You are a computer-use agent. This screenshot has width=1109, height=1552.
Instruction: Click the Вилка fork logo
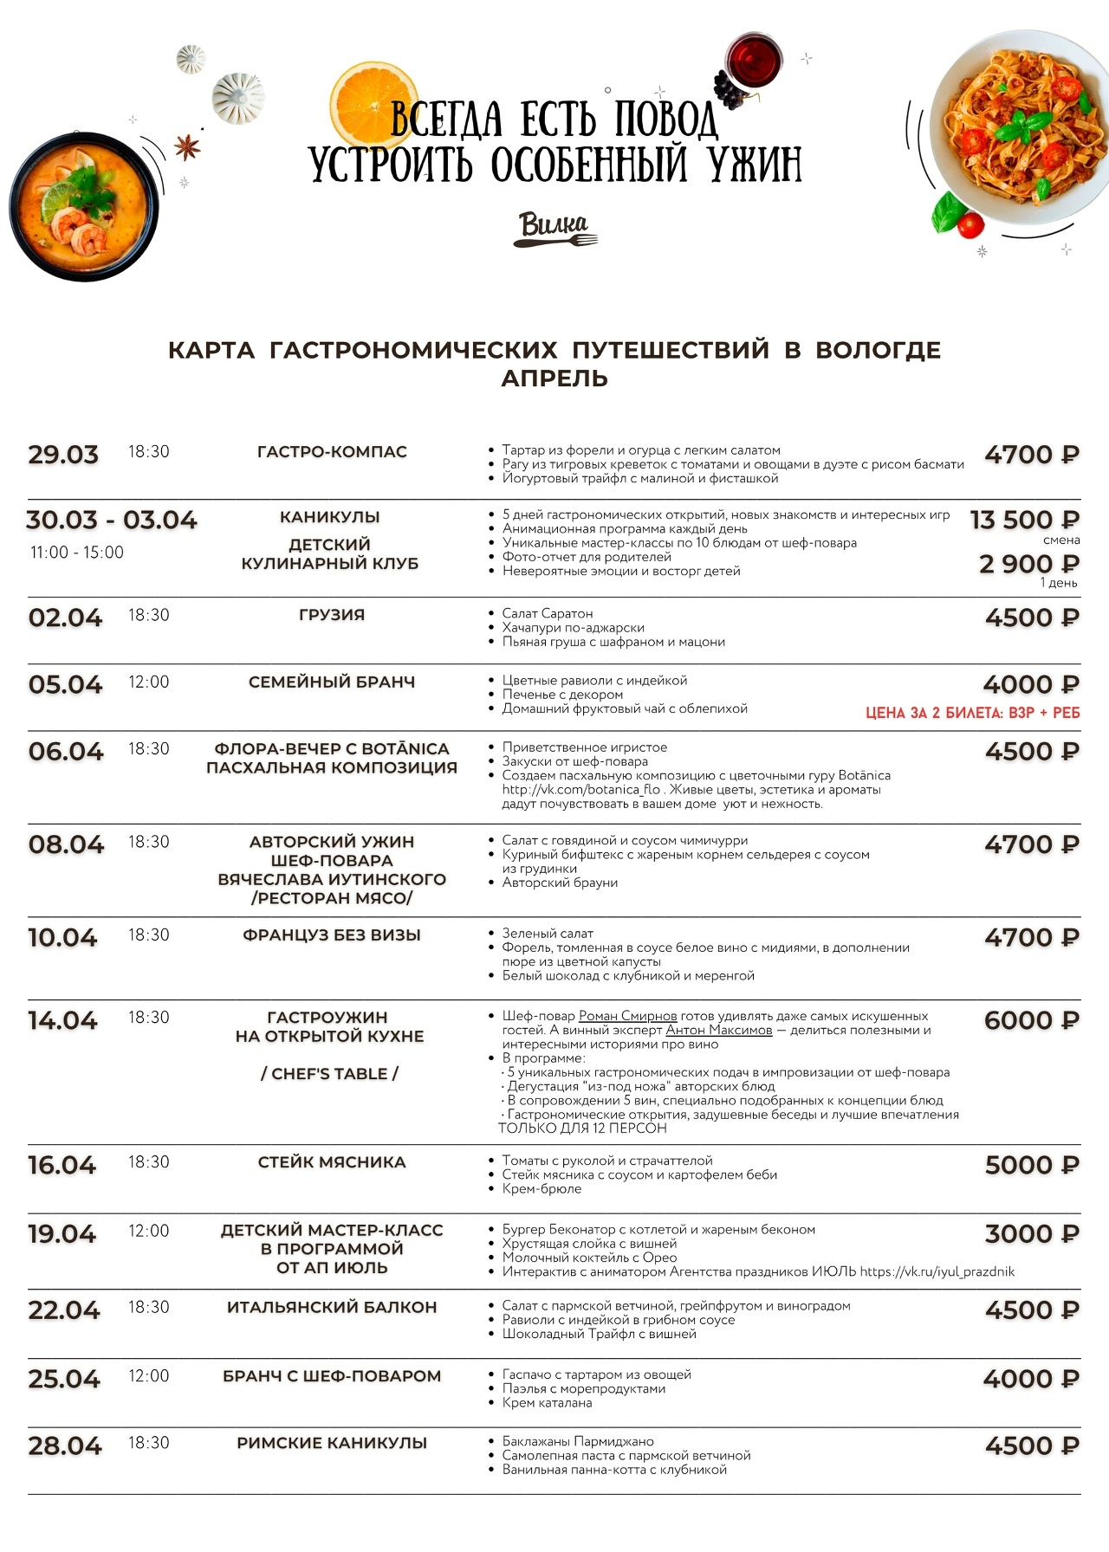554,230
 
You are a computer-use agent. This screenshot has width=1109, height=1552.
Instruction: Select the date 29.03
63,455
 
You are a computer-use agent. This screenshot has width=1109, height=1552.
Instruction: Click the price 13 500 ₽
1024,520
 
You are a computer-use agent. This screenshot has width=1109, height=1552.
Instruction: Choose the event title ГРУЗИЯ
332,615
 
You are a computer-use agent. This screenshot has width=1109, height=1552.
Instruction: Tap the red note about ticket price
972,713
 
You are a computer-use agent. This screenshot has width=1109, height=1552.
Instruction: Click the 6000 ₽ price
1031,1020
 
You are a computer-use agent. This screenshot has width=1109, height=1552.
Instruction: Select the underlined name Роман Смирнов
628,1016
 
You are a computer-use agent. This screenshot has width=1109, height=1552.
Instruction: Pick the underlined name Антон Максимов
718,1030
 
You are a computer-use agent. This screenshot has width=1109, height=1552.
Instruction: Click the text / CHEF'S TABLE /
329,1074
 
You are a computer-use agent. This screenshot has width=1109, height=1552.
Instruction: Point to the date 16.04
62,1165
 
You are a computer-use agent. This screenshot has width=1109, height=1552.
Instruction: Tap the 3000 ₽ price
1032,1234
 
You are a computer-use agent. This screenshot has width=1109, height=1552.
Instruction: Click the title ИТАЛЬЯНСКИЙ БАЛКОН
332,1307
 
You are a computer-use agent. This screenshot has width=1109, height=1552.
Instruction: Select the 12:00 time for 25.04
149,1375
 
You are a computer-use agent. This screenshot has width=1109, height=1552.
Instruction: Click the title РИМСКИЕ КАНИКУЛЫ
332,1443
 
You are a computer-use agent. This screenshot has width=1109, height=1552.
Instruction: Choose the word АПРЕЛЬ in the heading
554,378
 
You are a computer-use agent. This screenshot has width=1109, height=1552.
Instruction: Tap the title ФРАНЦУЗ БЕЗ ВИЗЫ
332,935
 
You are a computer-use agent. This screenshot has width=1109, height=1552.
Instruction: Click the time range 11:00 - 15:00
77,553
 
